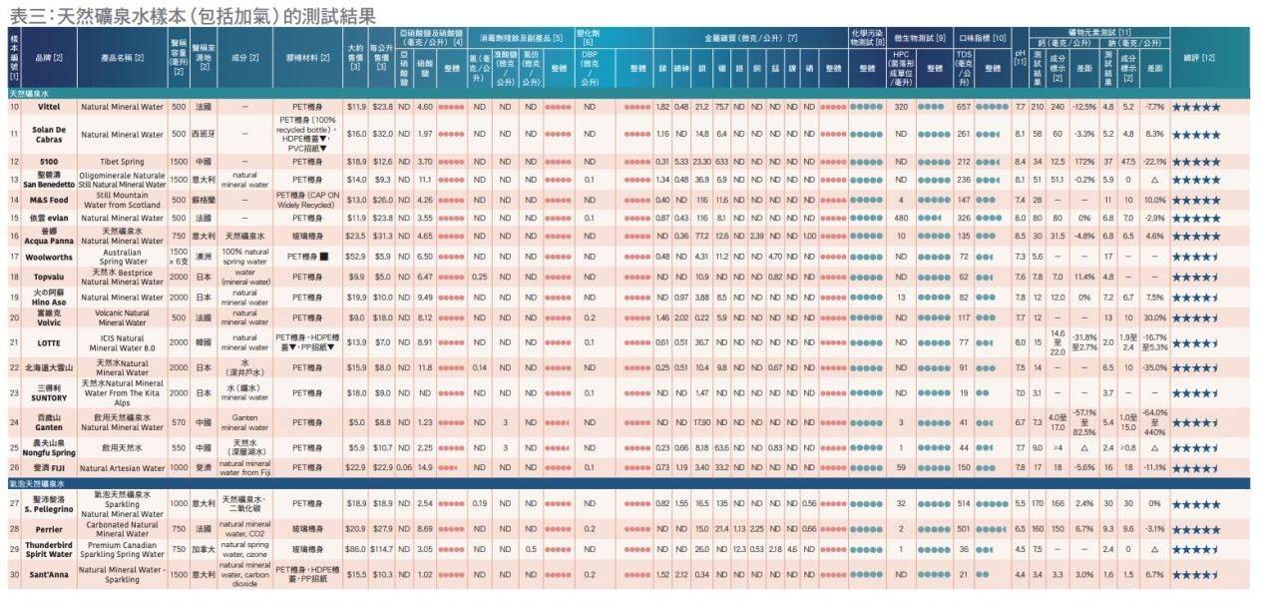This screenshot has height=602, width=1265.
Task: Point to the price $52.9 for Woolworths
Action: coord(356,256)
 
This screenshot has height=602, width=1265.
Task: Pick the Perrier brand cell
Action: coord(49,527)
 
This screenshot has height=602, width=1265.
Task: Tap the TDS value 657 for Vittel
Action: coord(964,106)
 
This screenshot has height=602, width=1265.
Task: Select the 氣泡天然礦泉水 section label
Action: coord(40,483)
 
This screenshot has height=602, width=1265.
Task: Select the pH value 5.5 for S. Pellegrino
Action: coord(1020,504)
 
